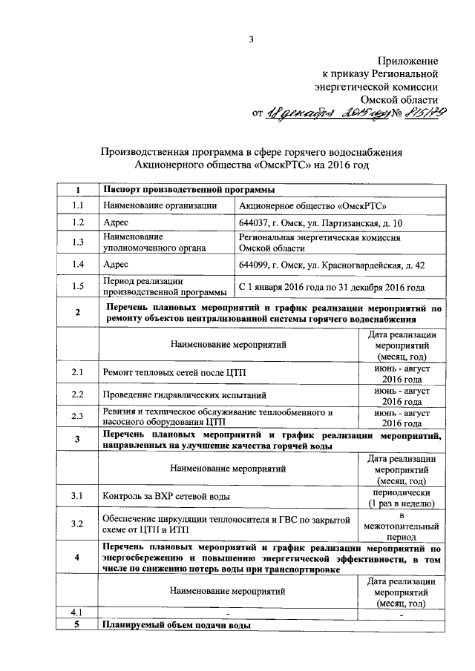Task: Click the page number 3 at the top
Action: click(252, 39)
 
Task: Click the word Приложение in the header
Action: click(408, 60)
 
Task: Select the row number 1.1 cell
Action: click(77, 205)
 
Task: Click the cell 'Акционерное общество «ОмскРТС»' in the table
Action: click(312, 205)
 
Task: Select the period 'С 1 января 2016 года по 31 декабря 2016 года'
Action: click(330, 286)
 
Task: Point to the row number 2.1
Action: click(77, 373)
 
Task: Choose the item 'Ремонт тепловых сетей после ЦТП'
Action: click(176, 374)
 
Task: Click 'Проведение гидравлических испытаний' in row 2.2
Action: click(185, 395)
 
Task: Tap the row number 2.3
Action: click(77, 417)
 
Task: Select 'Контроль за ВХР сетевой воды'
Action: click(166, 495)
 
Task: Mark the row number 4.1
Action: click(77, 612)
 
